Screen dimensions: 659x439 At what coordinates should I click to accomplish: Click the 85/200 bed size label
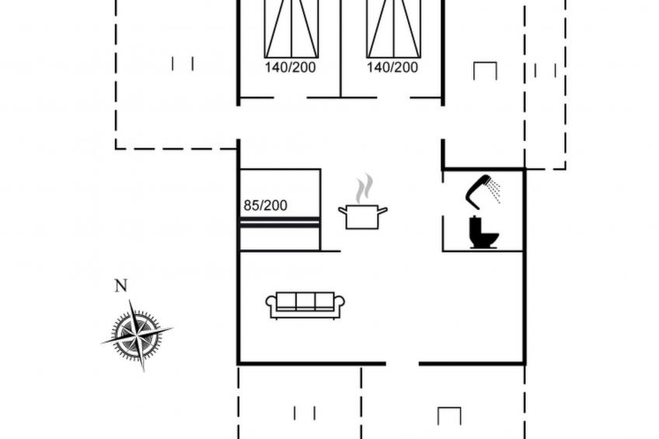[x=265, y=205]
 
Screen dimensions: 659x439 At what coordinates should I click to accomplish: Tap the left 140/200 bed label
[x=290, y=68]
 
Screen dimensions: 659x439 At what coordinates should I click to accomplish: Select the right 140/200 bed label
[x=392, y=68]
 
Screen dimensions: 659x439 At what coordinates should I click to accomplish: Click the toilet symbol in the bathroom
[x=483, y=232]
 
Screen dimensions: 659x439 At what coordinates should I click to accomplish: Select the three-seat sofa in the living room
[x=305, y=305]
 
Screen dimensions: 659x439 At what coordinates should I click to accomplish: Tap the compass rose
[x=137, y=335]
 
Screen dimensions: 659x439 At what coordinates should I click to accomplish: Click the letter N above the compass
[x=121, y=286]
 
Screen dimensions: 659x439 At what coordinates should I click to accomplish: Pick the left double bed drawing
[x=291, y=29]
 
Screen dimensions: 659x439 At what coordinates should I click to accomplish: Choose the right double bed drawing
[x=394, y=29]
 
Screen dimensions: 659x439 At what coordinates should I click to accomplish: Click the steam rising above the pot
[x=364, y=189]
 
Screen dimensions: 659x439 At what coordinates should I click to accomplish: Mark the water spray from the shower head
[x=495, y=191]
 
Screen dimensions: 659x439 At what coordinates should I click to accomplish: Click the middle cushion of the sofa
[x=305, y=301]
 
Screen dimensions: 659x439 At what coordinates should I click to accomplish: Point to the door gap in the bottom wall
[x=403, y=364]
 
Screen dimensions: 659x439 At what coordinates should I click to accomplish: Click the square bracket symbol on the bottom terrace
[x=449, y=416]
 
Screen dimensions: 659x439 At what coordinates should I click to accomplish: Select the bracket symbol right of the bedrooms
[x=485, y=71]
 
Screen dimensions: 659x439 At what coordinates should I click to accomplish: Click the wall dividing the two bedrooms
[x=340, y=48]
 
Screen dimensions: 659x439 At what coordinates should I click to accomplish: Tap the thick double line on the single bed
[x=280, y=223]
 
